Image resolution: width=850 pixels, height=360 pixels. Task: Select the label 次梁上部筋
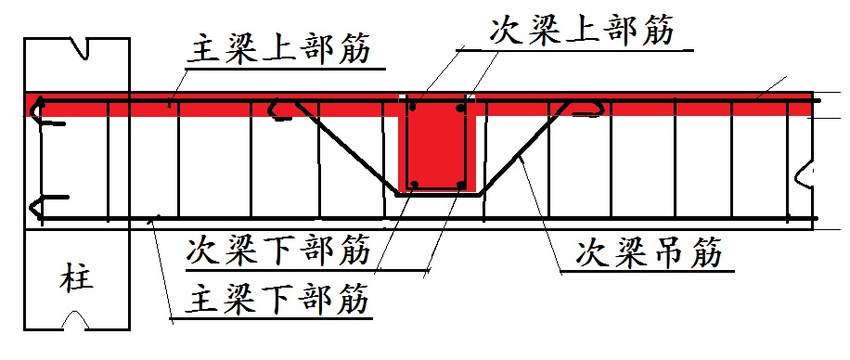click(x=580, y=31)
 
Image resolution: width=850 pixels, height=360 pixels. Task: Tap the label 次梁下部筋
click(x=278, y=250)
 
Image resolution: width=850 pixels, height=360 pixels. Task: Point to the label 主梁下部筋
click(x=278, y=299)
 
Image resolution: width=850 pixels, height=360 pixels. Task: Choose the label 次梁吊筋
click(x=649, y=251)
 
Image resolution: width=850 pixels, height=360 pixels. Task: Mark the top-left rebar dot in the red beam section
click(x=414, y=109)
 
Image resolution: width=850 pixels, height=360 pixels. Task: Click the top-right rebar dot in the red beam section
click(x=460, y=109)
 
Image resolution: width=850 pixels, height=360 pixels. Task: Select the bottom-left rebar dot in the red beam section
click(x=415, y=184)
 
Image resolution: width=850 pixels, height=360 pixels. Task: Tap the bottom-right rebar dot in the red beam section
click(x=460, y=184)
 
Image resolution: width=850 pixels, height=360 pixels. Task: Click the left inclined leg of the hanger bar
click(x=343, y=148)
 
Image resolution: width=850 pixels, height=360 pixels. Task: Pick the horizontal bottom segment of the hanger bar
click(x=436, y=196)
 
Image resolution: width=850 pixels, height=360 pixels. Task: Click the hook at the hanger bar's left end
click(x=277, y=110)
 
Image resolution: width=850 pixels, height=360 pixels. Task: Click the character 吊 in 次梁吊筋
click(x=649, y=251)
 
